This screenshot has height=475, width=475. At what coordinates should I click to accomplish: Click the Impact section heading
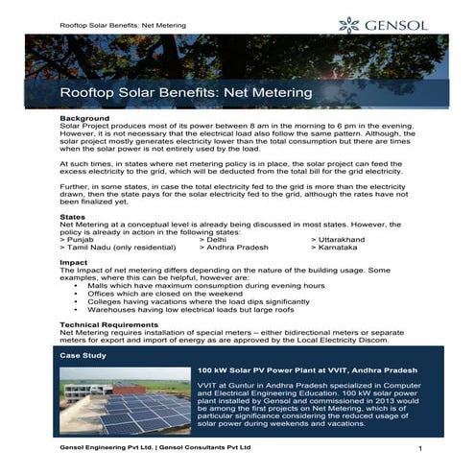(73, 261)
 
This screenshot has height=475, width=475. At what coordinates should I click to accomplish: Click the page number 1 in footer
(421, 449)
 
